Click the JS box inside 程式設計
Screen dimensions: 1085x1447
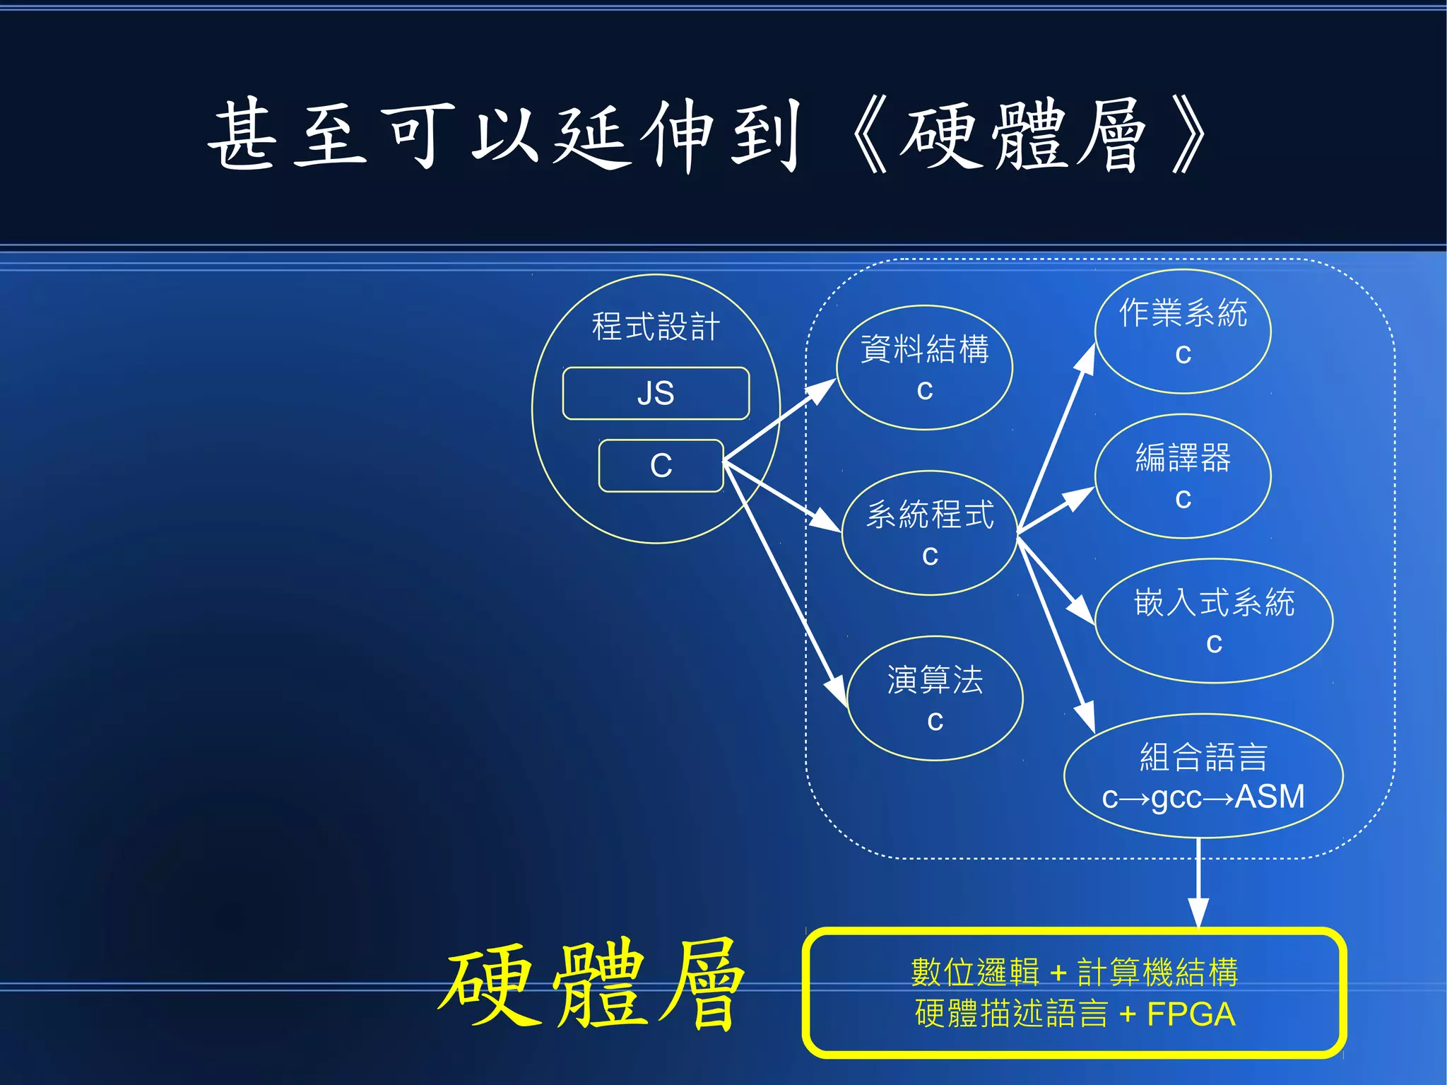(x=656, y=393)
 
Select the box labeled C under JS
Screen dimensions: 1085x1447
(x=661, y=466)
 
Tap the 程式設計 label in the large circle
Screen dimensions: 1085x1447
(x=656, y=327)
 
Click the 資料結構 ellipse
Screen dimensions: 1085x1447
(x=924, y=368)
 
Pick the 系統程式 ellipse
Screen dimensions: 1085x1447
(x=930, y=533)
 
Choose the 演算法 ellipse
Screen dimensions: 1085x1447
(x=935, y=698)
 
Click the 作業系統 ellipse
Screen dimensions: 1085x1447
(x=1183, y=331)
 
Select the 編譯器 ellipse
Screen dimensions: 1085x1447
(x=1183, y=476)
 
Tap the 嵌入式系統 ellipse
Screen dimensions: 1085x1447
(x=1214, y=621)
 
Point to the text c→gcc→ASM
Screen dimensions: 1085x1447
(x=1203, y=797)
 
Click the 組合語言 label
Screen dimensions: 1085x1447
(x=1203, y=756)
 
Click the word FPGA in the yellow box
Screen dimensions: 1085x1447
(x=1191, y=1014)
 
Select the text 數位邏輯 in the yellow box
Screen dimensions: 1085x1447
(x=975, y=972)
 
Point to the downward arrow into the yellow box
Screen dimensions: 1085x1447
(x=1198, y=884)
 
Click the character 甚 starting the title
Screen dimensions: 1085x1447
(x=242, y=134)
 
